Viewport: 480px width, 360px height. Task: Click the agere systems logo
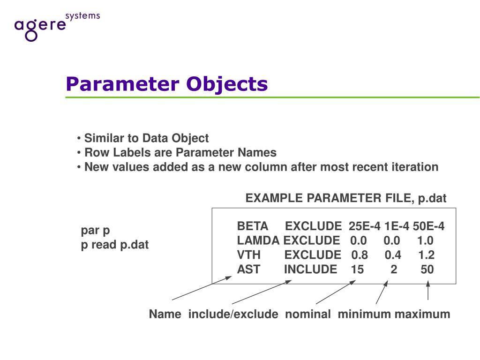point(56,26)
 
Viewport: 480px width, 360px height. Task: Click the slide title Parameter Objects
point(166,84)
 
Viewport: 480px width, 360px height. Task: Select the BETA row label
point(253,227)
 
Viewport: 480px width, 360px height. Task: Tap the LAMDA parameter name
point(258,241)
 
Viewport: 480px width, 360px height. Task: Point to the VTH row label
point(248,255)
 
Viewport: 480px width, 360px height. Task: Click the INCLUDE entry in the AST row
point(310,270)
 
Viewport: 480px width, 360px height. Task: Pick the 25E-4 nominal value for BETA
point(364,227)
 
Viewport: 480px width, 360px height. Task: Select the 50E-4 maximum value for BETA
point(428,227)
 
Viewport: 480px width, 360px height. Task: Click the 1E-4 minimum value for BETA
point(397,227)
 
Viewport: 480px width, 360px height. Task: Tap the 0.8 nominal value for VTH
point(360,255)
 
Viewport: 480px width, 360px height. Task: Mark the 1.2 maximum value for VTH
point(427,255)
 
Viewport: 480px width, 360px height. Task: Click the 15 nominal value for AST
point(357,270)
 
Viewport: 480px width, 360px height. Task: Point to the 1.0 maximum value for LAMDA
point(425,241)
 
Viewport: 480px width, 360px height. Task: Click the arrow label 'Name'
point(165,315)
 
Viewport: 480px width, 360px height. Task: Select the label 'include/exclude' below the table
point(233,315)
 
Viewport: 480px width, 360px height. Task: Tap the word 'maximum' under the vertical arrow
point(422,315)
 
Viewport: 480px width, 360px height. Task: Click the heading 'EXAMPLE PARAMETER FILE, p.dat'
point(346,199)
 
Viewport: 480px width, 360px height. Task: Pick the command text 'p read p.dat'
point(115,245)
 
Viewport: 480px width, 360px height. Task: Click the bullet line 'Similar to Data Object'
point(146,139)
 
